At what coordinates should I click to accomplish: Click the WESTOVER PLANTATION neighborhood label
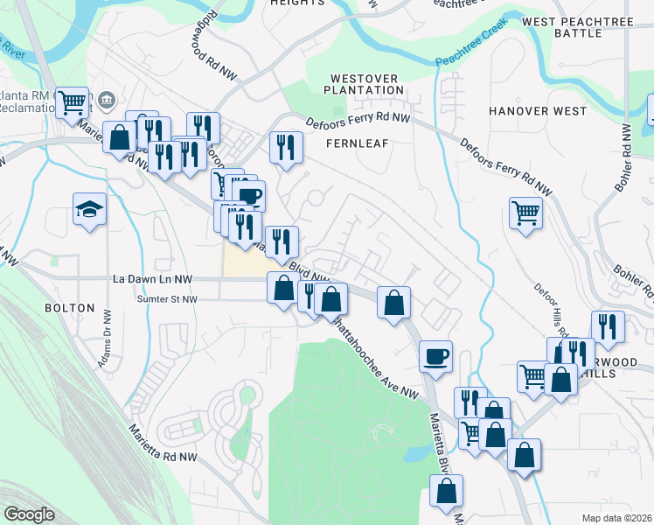click(362, 84)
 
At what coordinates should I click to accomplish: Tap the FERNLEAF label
click(356, 142)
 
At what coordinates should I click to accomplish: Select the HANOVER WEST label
click(538, 111)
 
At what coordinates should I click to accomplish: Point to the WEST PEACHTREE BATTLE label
click(574, 26)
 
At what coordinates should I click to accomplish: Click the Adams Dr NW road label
click(107, 337)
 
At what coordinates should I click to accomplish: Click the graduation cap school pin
click(89, 209)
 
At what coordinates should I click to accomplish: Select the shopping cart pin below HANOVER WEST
click(525, 211)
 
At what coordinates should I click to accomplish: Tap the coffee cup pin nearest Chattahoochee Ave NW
click(435, 355)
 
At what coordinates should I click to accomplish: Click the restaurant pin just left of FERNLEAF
click(285, 146)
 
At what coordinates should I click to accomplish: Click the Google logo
click(29, 514)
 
